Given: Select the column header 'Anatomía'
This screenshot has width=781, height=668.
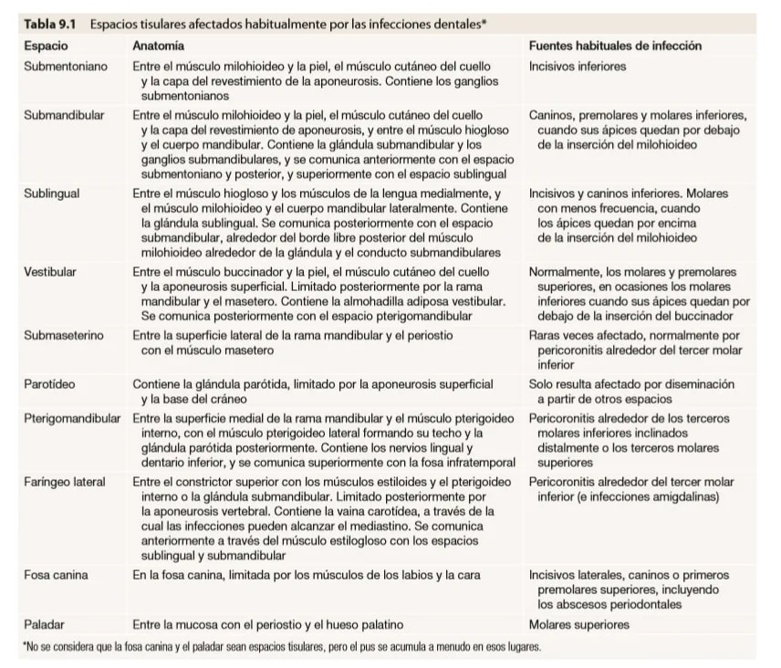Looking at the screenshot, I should coord(158,46).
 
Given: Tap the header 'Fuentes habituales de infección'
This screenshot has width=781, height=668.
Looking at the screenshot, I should coord(615,46).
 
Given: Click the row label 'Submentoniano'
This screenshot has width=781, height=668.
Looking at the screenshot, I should coord(66,67).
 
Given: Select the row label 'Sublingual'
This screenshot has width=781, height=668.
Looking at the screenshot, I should coord(52,194).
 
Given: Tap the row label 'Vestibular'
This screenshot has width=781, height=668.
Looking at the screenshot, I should coord(50,272).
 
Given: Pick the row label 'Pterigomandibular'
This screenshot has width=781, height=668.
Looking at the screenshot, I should coord(72,419).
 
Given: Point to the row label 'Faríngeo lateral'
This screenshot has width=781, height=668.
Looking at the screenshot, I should coord(65,482).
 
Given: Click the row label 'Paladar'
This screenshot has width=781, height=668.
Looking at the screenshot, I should coord(45,624).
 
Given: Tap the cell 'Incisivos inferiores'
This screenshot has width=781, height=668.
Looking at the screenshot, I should coord(578,67).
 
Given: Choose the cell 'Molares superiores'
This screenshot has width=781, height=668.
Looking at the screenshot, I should coord(578,624).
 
